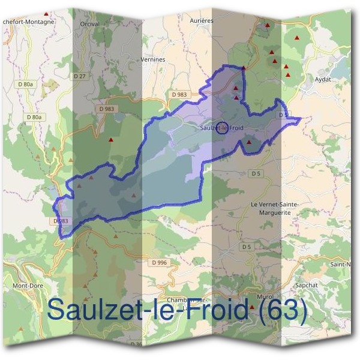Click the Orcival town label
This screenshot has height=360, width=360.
89,24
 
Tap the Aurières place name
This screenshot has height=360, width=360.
203,20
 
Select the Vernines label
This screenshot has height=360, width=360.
152,60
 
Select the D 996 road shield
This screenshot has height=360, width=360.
160,262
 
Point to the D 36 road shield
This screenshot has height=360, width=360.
136,344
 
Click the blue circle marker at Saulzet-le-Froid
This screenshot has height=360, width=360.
223,128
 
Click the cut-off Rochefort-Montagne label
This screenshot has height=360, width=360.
28,22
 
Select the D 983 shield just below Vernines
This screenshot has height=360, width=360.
179,95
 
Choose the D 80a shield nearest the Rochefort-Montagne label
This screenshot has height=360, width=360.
26,85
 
